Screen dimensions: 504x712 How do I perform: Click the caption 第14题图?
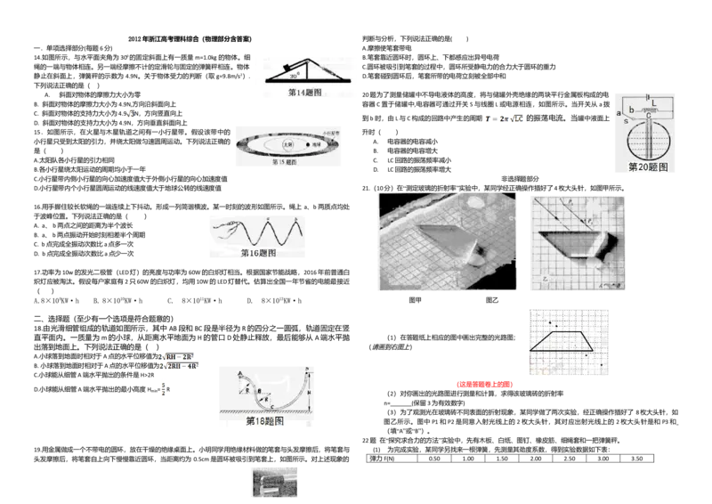304,93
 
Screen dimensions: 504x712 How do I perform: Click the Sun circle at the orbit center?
287,144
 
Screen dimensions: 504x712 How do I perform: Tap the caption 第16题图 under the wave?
258,253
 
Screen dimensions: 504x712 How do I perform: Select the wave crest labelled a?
268,218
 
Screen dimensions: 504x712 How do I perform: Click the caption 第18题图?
264,420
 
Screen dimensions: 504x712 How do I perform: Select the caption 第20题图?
647,167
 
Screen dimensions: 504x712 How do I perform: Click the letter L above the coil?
656,103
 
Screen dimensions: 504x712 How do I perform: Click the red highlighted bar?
484,384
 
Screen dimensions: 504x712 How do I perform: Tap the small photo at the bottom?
273,480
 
